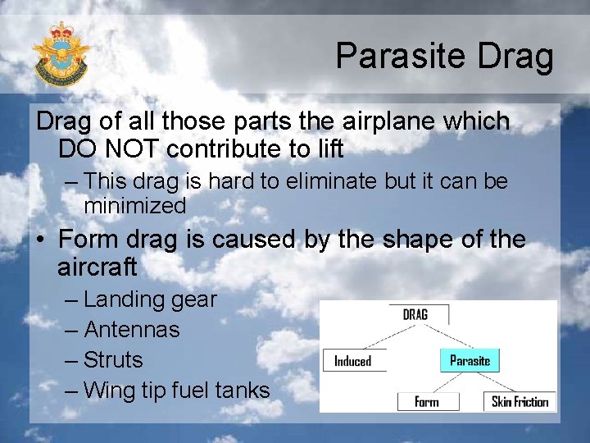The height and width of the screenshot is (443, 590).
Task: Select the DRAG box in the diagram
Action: coord(415,314)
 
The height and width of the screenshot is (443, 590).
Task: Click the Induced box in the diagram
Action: coord(353,361)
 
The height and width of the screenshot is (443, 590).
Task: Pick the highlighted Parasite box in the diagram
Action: coord(470,360)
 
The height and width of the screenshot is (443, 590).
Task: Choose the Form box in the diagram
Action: coord(426,401)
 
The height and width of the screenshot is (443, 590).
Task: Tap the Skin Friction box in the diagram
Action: coord(520,401)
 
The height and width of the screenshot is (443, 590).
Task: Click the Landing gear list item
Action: coord(150,299)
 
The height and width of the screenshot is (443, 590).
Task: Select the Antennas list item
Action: coord(132,330)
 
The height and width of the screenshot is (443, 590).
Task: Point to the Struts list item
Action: coord(113,360)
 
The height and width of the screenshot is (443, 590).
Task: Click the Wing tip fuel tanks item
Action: coord(176,390)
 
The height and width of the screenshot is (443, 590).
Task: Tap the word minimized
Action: coord(135,205)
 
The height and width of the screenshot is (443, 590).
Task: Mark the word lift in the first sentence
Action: coord(324,149)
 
